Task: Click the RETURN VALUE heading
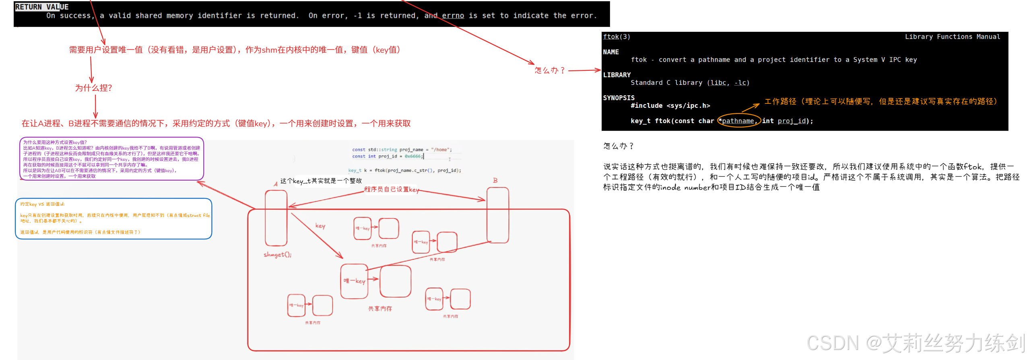pos(41,7)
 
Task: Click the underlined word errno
pos(453,16)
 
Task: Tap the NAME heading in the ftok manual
pos(610,52)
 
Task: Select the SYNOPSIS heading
pos(618,98)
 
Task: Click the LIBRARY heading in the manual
pos(617,75)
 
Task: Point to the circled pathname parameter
pos(738,121)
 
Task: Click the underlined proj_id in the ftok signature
pos(791,121)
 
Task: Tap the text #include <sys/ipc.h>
pos(670,105)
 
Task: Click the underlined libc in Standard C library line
pos(718,82)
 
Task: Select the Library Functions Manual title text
pos(952,37)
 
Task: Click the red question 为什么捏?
pos(93,88)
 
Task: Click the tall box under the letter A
pos(276,218)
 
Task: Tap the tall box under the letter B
pos(498,215)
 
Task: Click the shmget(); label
pos(277,255)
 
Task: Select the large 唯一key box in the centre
pos(354,281)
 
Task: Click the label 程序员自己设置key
pos(391,189)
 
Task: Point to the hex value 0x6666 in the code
pos(412,156)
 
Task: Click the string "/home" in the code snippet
pos(441,150)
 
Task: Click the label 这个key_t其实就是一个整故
pos(321,181)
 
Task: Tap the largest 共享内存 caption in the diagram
pos(379,309)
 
